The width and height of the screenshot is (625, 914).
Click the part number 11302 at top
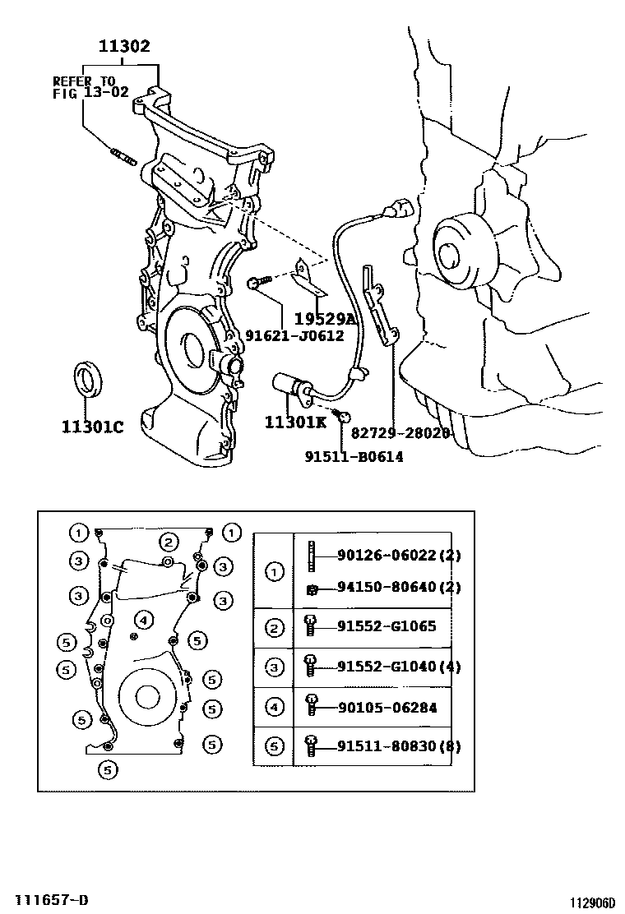pyautogui.click(x=124, y=47)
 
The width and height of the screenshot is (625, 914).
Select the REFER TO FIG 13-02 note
pyautogui.click(x=90, y=86)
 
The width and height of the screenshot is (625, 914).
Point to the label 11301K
pyautogui.click(x=295, y=422)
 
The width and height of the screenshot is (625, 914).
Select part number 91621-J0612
pyautogui.click(x=294, y=335)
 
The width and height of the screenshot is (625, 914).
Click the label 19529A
pyautogui.click(x=324, y=318)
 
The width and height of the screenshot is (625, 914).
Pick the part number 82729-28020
pyautogui.click(x=400, y=432)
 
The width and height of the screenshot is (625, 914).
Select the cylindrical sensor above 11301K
pyautogui.click(x=290, y=384)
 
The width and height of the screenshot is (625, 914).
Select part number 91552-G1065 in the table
pyautogui.click(x=386, y=626)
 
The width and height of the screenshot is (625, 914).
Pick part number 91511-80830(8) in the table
pyautogui.click(x=399, y=746)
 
